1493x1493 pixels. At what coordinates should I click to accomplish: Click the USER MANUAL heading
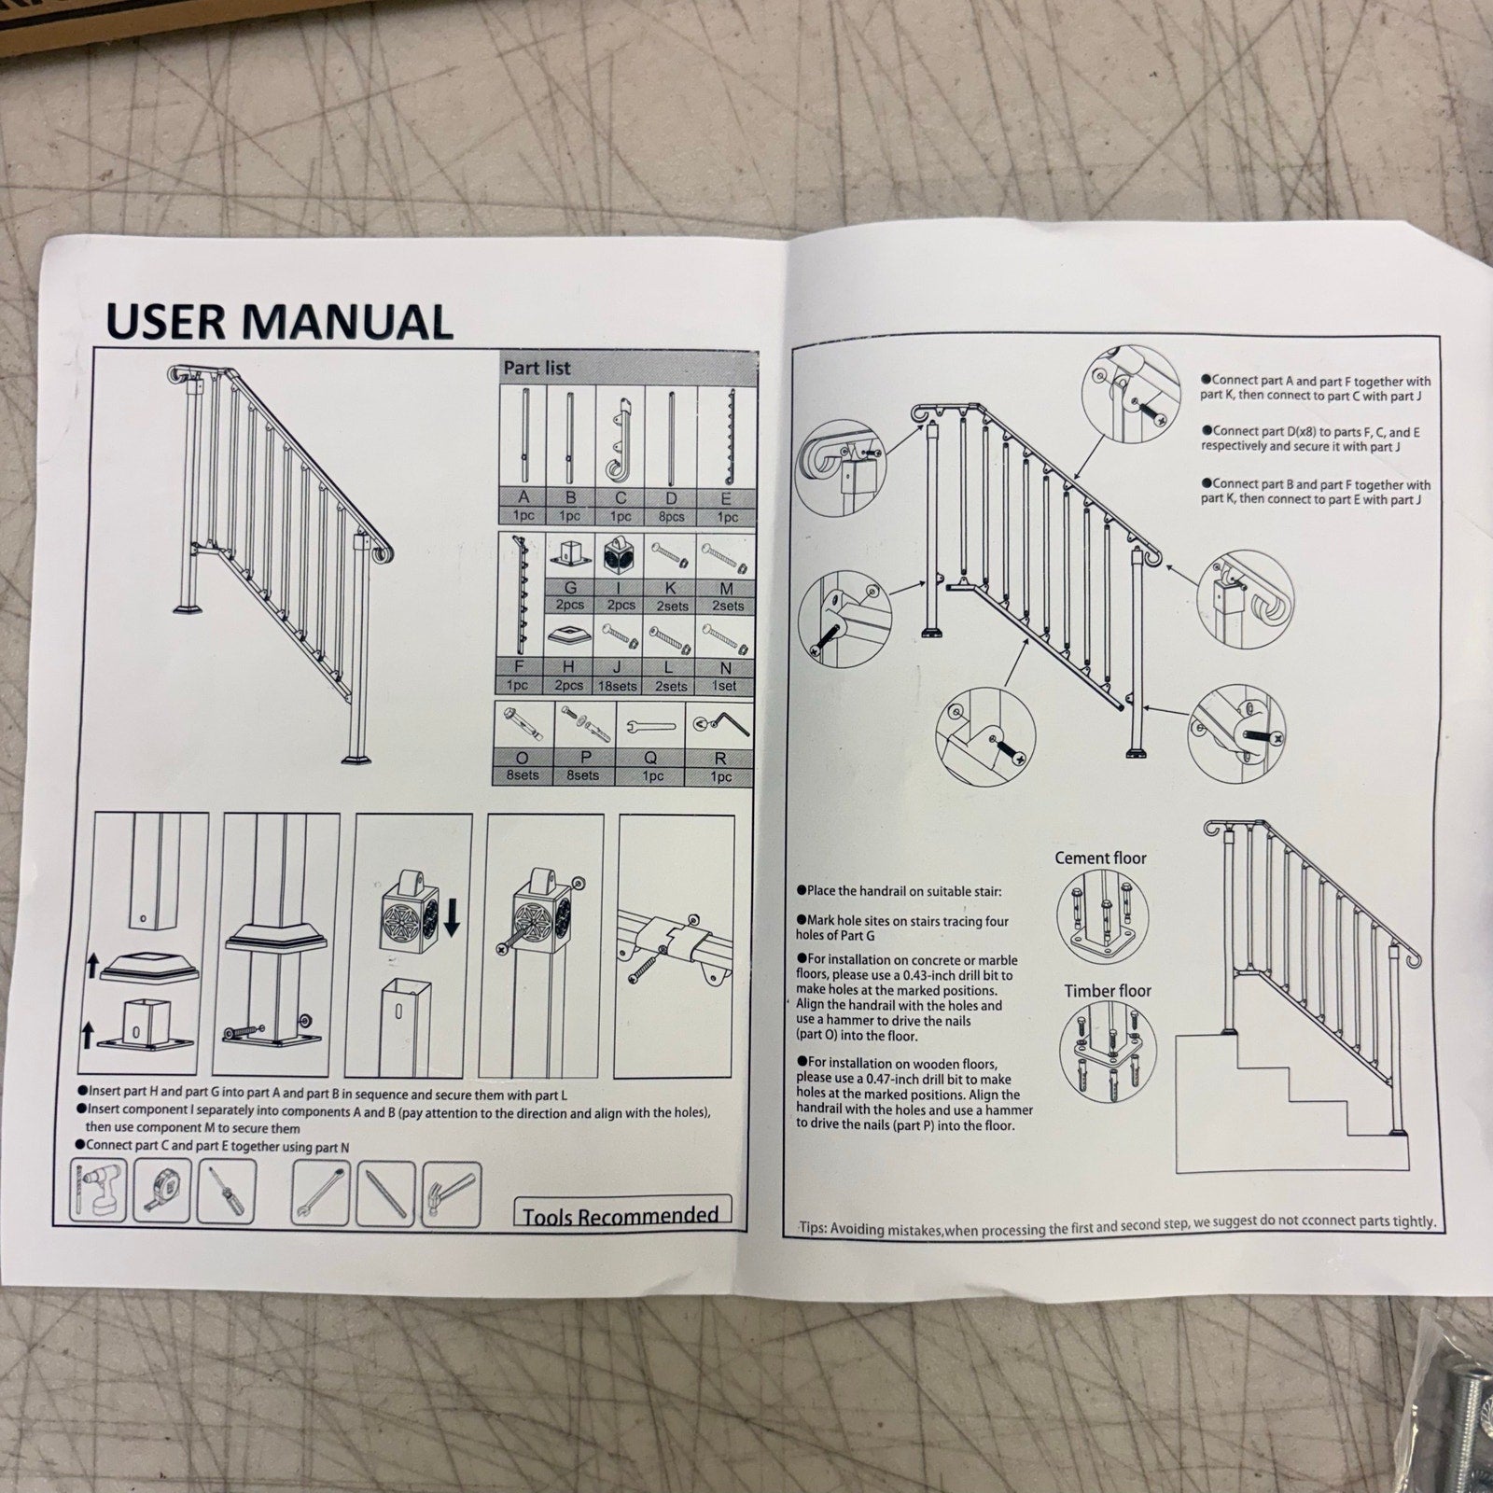click(x=279, y=320)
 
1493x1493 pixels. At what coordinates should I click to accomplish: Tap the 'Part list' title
click(x=537, y=368)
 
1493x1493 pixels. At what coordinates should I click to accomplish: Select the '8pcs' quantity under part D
click(x=671, y=516)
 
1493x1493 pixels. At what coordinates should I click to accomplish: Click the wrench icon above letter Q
click(x=649, y=725)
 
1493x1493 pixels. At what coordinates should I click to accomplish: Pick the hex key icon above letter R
click(x=719, y=723)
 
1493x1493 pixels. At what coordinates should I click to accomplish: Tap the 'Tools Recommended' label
click(x=621, y=1215)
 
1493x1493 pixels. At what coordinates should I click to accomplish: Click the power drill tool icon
click(x=98, y=1191)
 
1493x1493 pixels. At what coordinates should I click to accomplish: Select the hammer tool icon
click(x=452, y=1193)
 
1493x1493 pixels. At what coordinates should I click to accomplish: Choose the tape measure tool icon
click(x=162, y=1191)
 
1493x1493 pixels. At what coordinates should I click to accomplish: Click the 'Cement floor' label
click(x=1100, y=858)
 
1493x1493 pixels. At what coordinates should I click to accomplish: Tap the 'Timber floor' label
click(x=1108, y=991)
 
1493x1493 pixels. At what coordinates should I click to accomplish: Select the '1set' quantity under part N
click(x=725, y=685)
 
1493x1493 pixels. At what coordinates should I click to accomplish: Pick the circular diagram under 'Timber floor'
click(x=1108, y=1053)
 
